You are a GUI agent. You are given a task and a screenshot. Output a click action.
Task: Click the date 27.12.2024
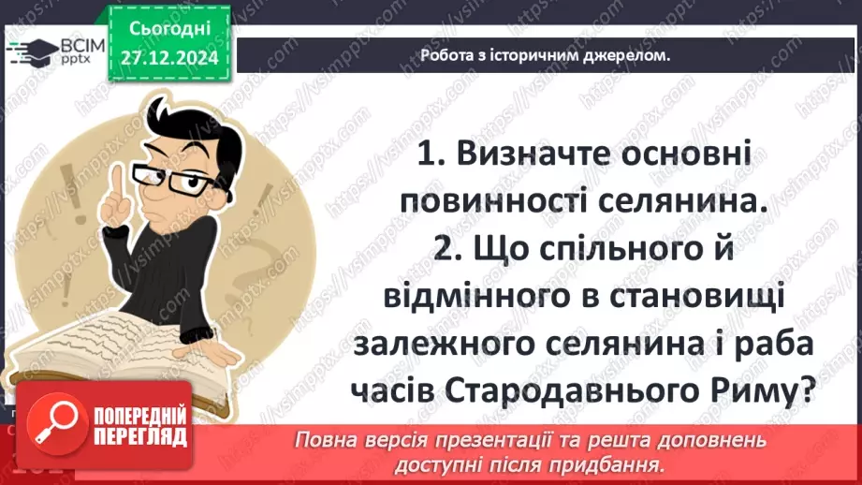[168, 57]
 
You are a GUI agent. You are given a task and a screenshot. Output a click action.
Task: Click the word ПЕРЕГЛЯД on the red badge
[139, 436]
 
